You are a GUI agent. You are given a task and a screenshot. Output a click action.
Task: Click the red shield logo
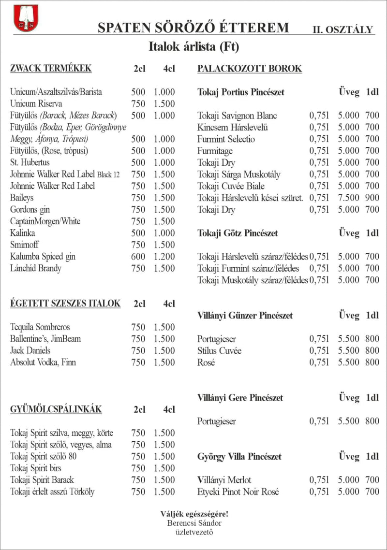[26, 18]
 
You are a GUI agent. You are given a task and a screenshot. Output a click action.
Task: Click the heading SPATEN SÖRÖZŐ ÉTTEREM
[193, 28]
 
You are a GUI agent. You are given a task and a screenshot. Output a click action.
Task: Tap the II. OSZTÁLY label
[343, 29]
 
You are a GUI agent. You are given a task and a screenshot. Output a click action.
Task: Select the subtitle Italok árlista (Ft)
[193, 47]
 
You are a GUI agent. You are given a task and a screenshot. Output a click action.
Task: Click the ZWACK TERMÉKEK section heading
[51, 69]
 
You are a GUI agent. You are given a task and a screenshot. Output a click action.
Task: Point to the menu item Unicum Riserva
[36, 104]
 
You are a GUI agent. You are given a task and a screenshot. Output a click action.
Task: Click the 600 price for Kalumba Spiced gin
[138, 257]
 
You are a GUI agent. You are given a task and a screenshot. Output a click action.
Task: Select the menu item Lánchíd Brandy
[36, 268]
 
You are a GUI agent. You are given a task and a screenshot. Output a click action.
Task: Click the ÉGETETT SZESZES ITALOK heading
[65, 304]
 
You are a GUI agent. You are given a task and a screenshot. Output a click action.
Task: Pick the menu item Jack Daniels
[30, 350]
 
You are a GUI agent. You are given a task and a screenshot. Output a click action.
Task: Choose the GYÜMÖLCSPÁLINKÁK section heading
[56, 409]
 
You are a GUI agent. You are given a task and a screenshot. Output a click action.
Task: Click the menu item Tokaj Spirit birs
[36, 468]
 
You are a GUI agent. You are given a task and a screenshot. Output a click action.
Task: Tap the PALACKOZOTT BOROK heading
[250, 69]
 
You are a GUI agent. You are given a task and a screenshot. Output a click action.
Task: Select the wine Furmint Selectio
[226, 139]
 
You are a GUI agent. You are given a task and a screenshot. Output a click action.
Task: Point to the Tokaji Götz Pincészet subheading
[238, 233]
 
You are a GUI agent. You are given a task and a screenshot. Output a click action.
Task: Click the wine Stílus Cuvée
[219, 350]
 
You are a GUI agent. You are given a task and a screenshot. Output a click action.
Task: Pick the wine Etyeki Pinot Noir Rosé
[238, 492]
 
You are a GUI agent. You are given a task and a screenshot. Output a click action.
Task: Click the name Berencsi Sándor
[194, 523]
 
